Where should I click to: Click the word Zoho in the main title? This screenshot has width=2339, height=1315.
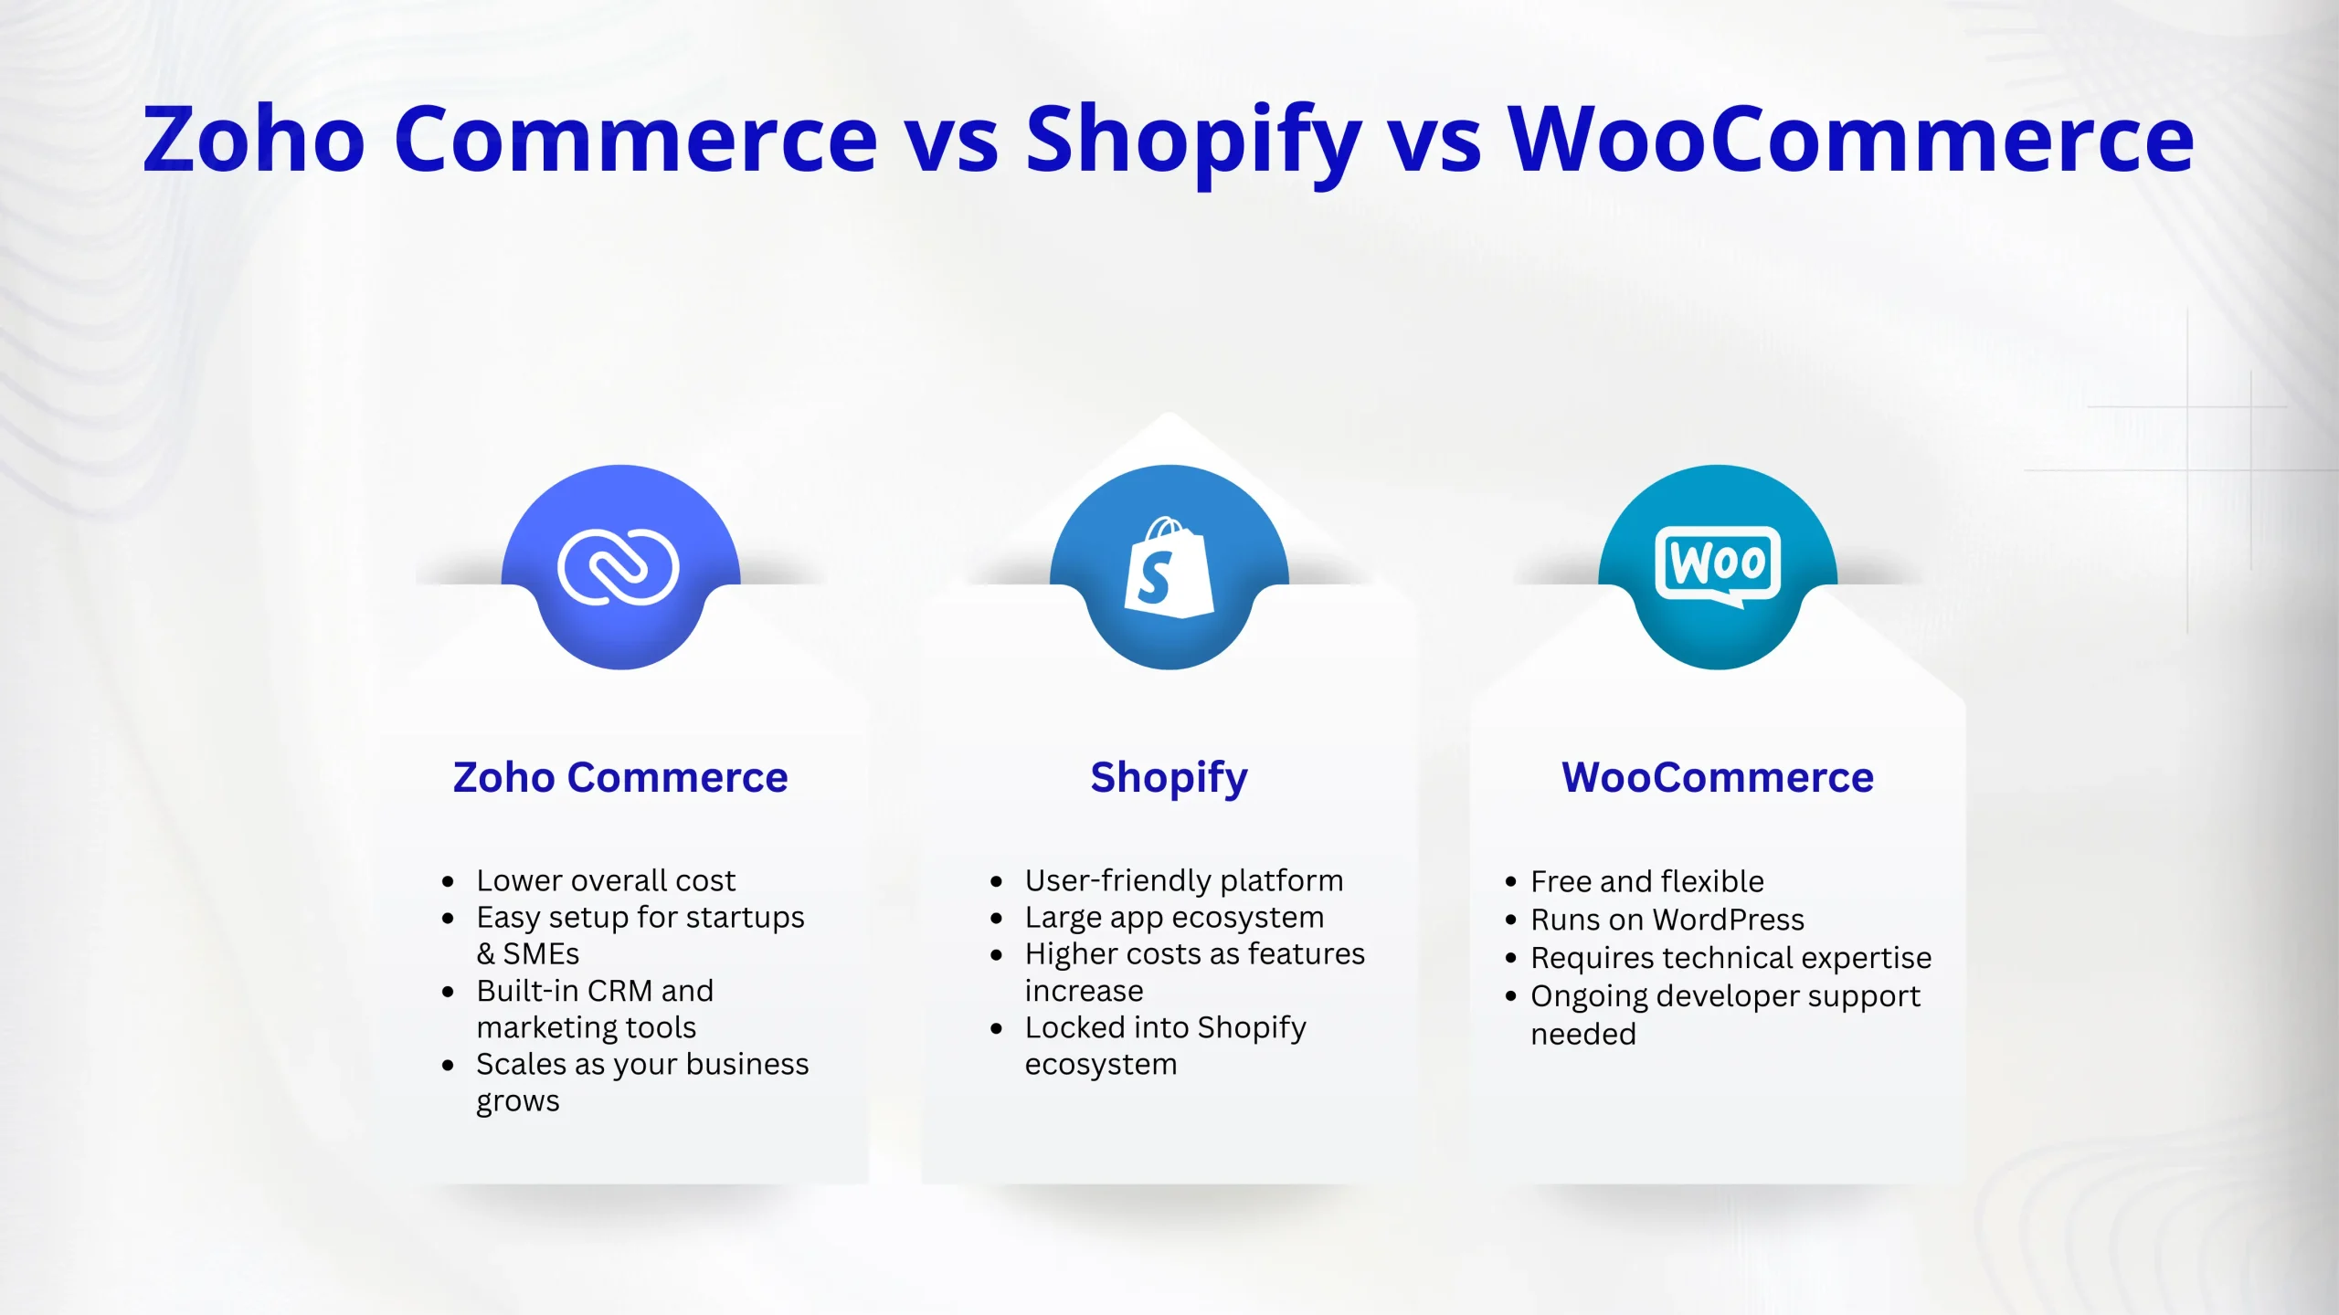coord(255,139)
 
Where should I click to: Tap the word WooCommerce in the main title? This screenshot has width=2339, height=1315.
coord(1851,139)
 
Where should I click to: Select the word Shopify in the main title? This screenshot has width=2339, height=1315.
coord(1194,144)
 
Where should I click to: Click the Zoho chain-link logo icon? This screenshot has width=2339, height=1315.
coord(619,567)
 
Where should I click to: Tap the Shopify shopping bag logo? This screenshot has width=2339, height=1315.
coord(1169,568)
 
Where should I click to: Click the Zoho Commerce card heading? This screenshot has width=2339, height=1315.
coord(620,778)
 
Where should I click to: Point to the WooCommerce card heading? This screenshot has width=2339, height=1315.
coord(1718,778)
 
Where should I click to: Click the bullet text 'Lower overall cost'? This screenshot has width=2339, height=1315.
coord(606,880)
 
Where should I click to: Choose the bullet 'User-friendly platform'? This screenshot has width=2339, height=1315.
coord(1184,881)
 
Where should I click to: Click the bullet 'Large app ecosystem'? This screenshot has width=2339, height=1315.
coord(1174,918)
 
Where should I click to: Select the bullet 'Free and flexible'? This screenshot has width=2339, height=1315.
coord(1647,881)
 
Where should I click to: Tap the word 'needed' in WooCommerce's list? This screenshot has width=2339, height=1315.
coord(1583,1035)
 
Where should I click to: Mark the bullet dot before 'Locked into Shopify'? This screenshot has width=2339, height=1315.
coord(997,1029)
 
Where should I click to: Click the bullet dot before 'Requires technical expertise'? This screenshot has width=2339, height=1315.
coord(1510,959)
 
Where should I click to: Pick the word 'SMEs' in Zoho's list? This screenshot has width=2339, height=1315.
coord(541,954)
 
